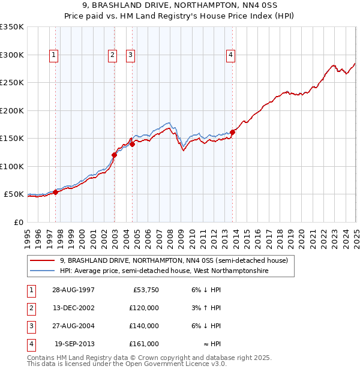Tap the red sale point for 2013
click(233, 132)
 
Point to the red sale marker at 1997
click(56, 192)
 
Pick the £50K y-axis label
click(14, 194)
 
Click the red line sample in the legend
click(43, 260)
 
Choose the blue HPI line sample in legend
click(43, 271)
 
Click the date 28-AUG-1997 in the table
click(73, 290)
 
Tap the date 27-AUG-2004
click(73, 326)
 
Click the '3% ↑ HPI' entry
click(207, 308)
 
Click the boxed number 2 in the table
click(30, 308)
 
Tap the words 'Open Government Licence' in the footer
click(169, 364)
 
